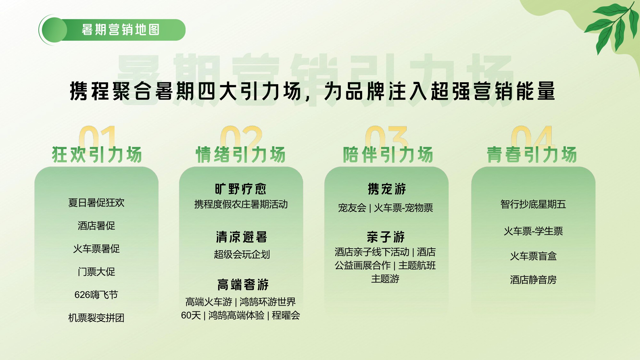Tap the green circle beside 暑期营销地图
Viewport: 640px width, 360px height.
[x=54, y=30]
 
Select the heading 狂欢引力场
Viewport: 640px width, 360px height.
[x=97, y=155]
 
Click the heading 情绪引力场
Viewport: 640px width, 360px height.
[x=241, y=155]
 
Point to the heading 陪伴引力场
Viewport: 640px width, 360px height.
[x=388, y=155]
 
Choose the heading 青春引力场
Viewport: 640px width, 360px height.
[x=532, y=155]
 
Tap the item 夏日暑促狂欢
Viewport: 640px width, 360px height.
[x=96, y=203]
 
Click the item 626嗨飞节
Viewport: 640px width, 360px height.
[x=96, y=295]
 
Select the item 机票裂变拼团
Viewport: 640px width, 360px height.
[x=96, y=318]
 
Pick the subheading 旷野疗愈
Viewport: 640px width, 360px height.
[x=241, y=189]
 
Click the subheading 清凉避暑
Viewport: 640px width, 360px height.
[x=242, y=237]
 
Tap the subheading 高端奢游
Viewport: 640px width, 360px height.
[x=243, y=284]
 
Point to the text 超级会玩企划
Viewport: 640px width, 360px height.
[x=242, y=254]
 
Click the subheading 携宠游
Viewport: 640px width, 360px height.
[x=387, y=189]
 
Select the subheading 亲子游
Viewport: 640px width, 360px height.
[x=386, y=237]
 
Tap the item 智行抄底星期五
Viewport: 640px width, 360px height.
[x=533, y=204]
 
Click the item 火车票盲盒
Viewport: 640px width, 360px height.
[x=533, y=256]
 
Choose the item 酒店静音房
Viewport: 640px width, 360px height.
[x=533, y=280]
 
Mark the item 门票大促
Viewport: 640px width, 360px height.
[x=96, y=272]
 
